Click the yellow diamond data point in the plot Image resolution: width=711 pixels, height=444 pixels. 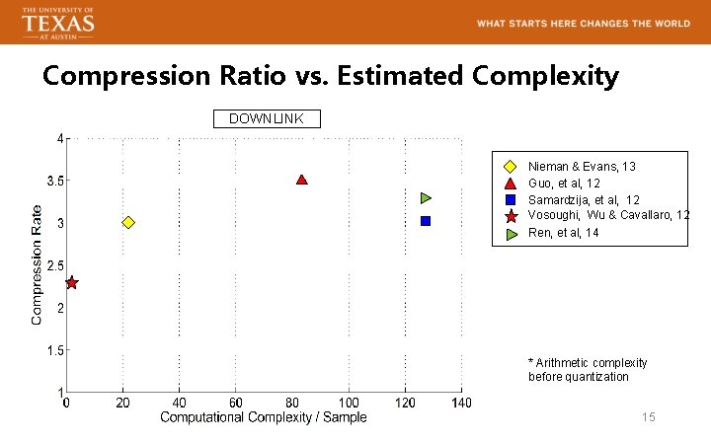[x=128, y=223]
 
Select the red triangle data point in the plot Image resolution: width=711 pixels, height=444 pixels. [x=302, y=180]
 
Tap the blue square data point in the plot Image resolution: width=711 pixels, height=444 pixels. [x=426, y=221]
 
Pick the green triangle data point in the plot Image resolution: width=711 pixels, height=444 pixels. [x=427, y=198]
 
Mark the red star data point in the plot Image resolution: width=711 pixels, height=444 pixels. [x=71, y=283]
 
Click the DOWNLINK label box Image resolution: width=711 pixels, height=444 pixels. [x=267, y=119]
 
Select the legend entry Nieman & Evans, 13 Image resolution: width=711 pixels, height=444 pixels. [x=582, y=167]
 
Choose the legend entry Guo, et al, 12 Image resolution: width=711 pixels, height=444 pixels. [x=564, y=184]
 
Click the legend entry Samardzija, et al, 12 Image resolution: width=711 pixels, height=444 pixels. [x=584, y=200]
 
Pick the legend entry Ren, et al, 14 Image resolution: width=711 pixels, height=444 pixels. [x=563, y=233]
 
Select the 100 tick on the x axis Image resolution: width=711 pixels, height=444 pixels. [x=350, y=403]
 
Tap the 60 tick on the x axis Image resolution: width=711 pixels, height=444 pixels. [x=236, y=403]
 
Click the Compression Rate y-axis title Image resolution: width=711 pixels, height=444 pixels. [x=37, y=264]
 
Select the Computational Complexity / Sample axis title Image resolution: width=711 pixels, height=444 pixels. [x=264, y=417]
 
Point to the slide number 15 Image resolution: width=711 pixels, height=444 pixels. [x=648, y=417]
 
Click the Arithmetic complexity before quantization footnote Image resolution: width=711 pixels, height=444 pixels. [x=588, y=370]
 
